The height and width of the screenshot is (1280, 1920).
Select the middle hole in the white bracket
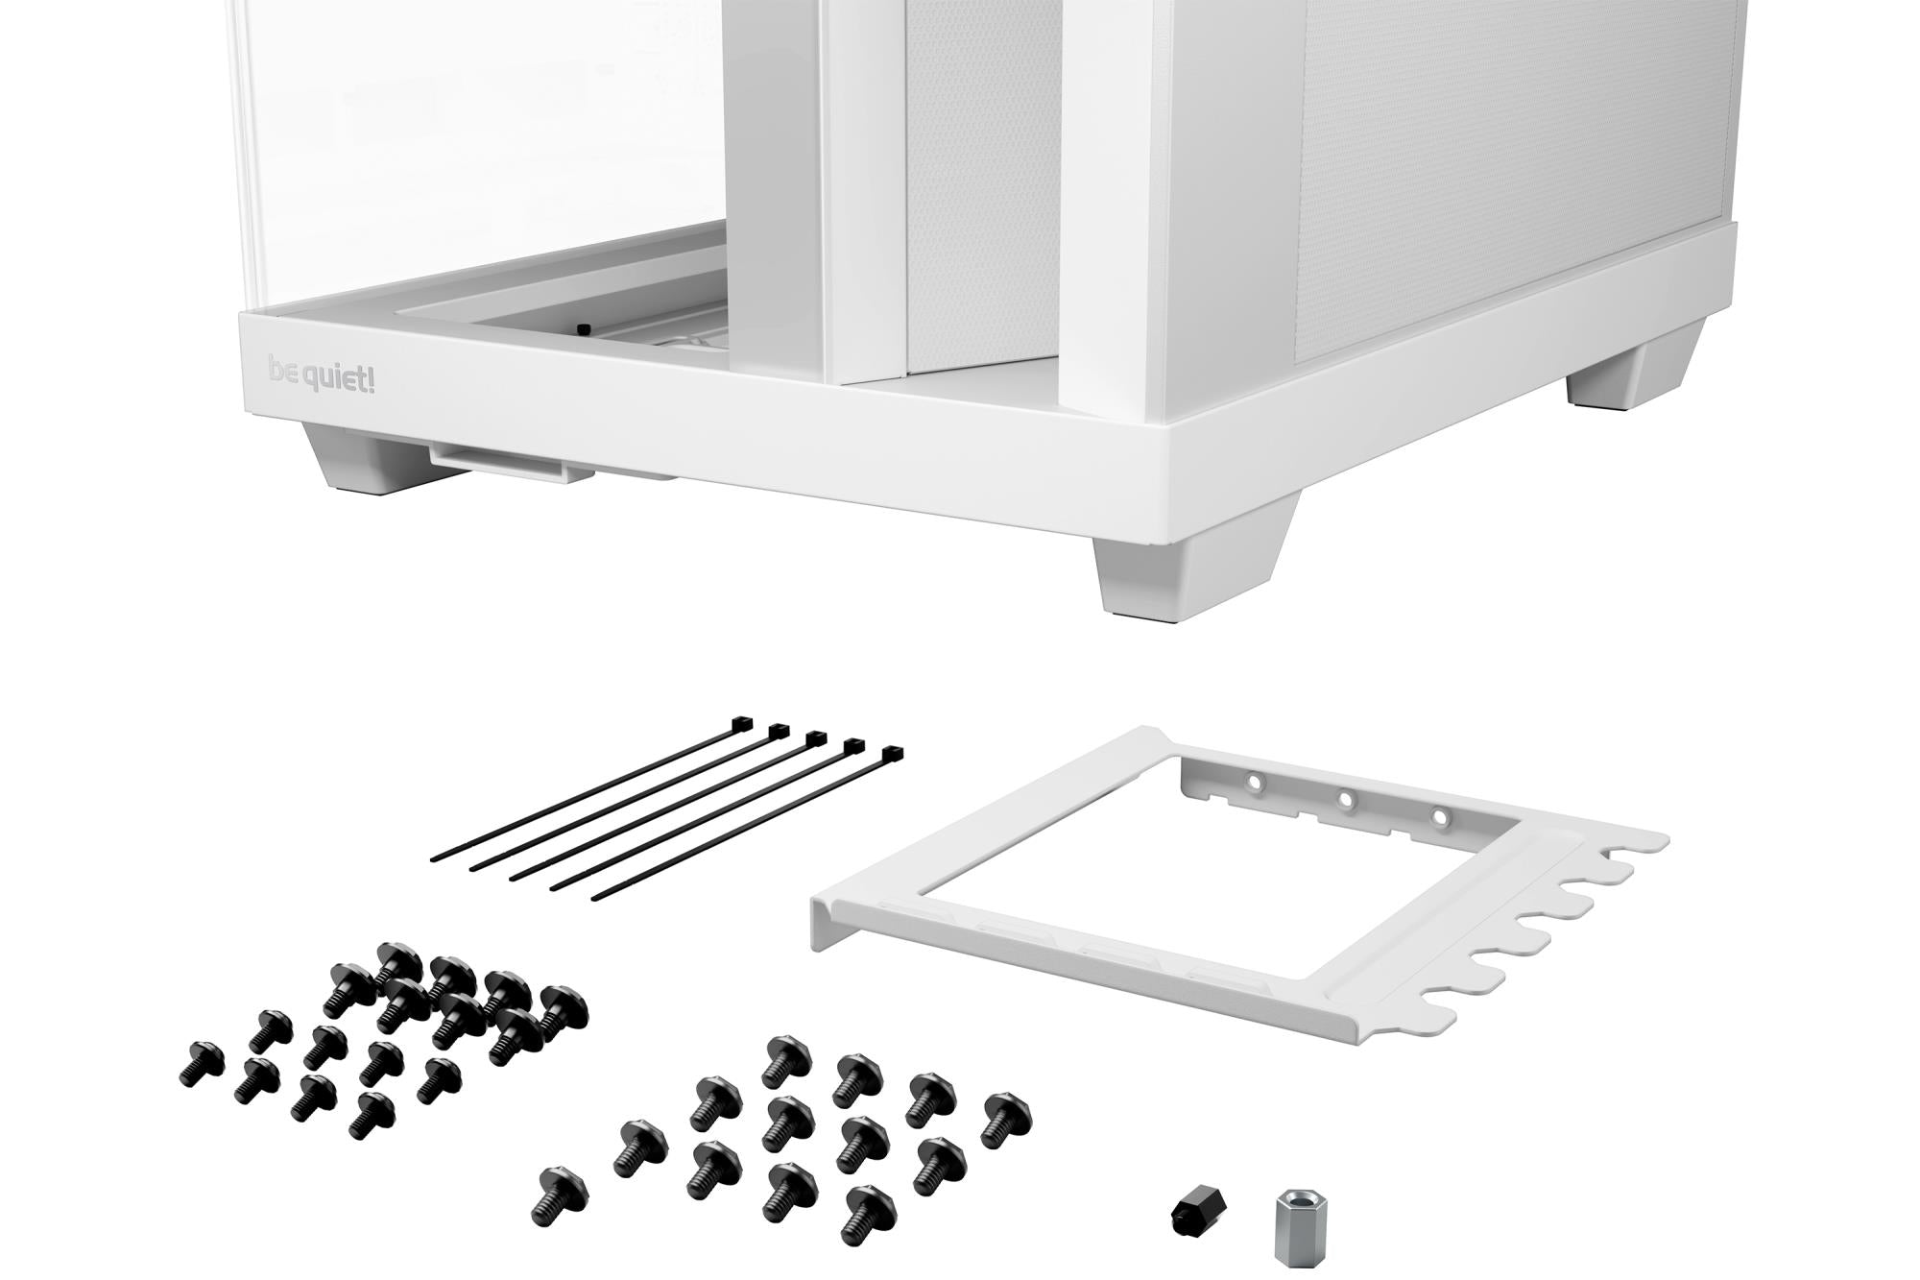(1346, 799)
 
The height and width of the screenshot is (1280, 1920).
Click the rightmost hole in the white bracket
(1440, 816)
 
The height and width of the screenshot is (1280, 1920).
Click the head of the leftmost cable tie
(742, 723)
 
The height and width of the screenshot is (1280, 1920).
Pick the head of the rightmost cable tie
(893, 754)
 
